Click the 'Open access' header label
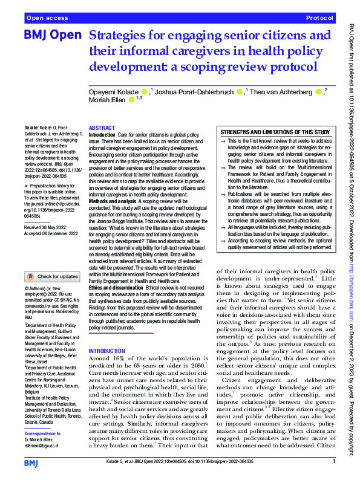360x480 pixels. (47, 19)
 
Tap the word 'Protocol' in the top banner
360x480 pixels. (320, 19)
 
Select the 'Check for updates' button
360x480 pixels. (52, 276)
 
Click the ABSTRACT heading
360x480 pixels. (102, 129)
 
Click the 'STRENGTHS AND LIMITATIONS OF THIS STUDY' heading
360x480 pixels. (275, 132)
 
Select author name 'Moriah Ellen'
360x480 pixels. (106, 100)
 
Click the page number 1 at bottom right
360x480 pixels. (333, 462)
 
